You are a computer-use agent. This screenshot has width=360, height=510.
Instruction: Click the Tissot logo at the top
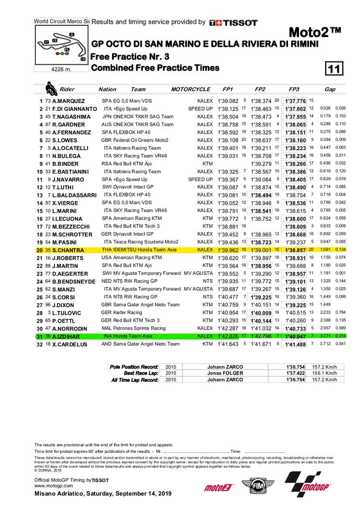[x=233, y=22]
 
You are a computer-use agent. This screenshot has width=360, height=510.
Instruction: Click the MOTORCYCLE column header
[x=190, y=89]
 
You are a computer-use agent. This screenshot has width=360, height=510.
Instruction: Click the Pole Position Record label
[x=134, y=366]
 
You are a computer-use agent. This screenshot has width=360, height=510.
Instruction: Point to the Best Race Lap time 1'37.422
[x=296, y=373]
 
